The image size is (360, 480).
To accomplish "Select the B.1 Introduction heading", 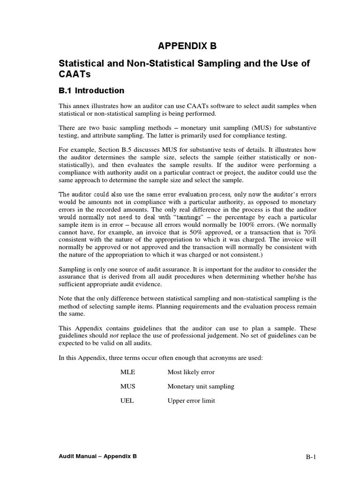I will click(91, 90).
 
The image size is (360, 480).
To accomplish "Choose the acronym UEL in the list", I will click(127, 401).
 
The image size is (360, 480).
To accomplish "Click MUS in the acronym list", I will click(127, 387).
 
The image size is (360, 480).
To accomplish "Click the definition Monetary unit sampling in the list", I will click(201, 387).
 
